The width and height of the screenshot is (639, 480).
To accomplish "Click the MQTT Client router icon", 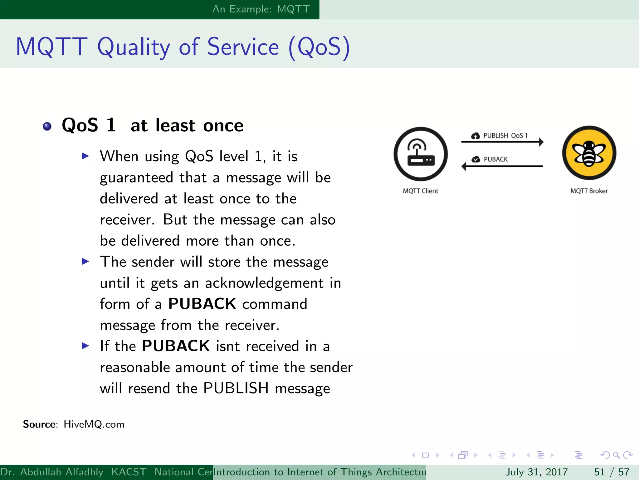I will (x=420, y=154).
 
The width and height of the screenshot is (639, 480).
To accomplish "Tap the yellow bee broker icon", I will (x=589, y=153).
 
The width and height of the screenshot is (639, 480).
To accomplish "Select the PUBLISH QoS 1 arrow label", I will (x=505, y=136).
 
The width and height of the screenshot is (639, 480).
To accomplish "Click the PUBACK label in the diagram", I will (x=495, y=159).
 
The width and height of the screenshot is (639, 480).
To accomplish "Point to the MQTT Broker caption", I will (x=589, y=191).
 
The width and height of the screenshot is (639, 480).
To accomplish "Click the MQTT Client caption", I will (x=420, y=191).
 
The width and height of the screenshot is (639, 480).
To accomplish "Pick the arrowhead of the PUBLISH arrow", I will (x=541, y=142).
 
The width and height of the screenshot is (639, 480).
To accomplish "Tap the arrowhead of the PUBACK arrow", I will (x=464, y=166).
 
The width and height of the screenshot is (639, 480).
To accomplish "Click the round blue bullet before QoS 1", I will (x=47, y=126).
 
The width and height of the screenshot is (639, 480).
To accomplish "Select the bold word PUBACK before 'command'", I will (x=202, y=304).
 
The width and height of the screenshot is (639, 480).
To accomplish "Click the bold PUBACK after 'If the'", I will (x=176, y=346).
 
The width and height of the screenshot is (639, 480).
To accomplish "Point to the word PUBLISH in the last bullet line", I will (x=236, y=388).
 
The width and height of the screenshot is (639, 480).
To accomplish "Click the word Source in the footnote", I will (x=39, y=424).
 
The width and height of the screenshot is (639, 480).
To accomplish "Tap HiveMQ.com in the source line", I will (x=94, y=424).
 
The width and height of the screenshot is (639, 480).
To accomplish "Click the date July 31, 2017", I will (x=536, y=472).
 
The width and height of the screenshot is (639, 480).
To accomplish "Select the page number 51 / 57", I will (x=612, y=472).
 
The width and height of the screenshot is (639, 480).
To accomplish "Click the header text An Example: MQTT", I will (x=261, y=9).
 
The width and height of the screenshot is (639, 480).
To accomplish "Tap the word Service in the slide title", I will (x=243, y=47).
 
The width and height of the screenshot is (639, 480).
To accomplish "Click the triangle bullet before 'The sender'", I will (x=85, y=261).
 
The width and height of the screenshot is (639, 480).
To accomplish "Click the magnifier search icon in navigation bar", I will (x=616, y=455).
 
